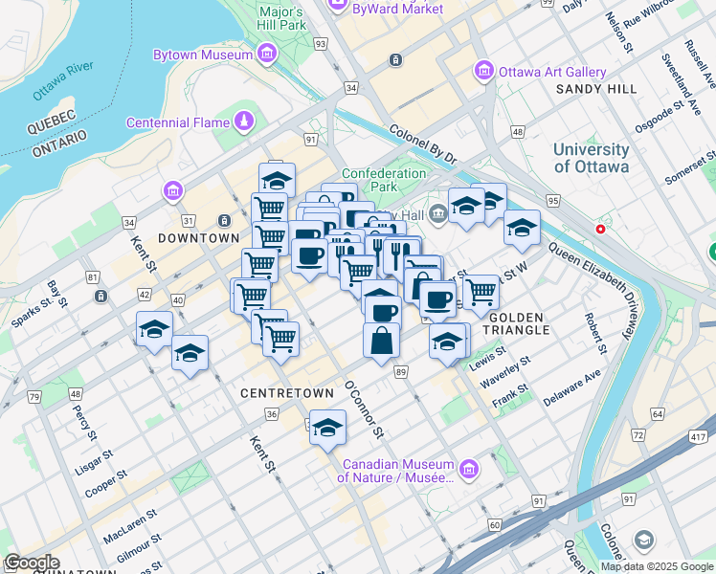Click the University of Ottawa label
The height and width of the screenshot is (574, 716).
coord(591,158)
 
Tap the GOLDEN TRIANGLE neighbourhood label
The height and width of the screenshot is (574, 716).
coord(517,323)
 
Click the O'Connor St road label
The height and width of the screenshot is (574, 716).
coord(364,409)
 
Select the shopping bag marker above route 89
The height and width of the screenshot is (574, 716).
coord(381,341)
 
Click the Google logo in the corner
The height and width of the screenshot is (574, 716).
coord(31,563)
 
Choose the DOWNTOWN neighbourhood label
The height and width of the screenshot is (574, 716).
coord(198,237)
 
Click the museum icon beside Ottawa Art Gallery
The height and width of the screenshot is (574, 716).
coord(484,72)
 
